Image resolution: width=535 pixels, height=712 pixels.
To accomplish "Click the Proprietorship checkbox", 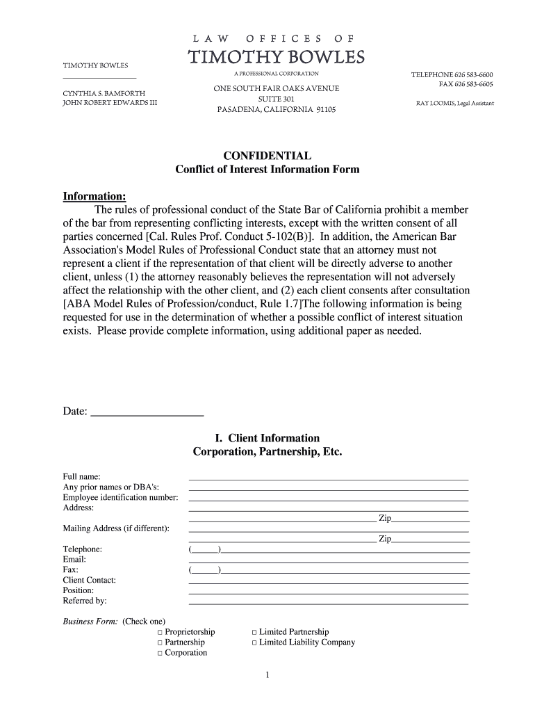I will (x=160, y=632).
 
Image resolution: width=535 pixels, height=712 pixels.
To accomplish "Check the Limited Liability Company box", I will (x=254, y=642).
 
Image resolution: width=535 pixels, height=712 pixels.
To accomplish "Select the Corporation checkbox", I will (x=160, y=653).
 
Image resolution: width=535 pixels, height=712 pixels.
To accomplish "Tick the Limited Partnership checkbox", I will (x=254, y=632).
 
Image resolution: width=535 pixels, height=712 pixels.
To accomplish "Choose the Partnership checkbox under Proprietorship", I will (x=160, y=642).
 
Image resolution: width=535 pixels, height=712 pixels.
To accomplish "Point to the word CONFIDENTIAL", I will (x=267, y=156).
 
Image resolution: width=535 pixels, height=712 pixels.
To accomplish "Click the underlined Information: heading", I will (x=94, y=196).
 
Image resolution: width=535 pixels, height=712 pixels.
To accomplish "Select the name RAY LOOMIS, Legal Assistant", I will (x=454, y=103).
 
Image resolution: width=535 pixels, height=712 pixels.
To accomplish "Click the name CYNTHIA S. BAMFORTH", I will (x=104, y=93).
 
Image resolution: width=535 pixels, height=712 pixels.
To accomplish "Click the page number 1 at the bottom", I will (x=267, y=675).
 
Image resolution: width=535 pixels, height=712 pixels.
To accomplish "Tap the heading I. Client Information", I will (x=267, y=438).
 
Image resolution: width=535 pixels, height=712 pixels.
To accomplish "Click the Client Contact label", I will (x=89, y=580).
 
